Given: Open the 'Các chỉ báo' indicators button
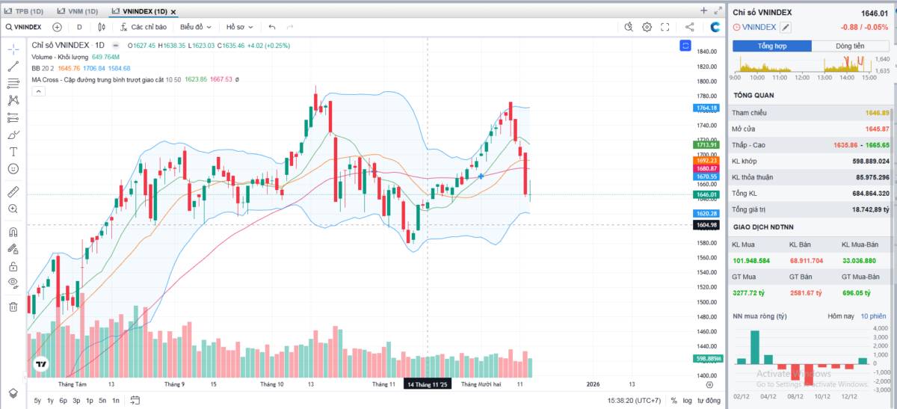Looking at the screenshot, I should [x=143, y=27].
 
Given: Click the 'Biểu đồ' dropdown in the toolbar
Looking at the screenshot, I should [x=197, y=27].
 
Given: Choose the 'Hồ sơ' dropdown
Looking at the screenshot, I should [x=239, y=27].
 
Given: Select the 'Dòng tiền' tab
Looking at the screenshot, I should [x=850, y=46].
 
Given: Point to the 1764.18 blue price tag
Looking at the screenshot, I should [x=706, y=108].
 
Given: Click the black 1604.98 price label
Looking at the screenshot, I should [x=706, y=225].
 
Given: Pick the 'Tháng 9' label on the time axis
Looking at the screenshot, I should [x=175, y=384].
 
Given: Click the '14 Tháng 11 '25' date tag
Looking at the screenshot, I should [x=428, y=384].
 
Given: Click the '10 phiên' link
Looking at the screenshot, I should [x=874, y=316].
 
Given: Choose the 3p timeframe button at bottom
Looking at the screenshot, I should [x=76, y=401].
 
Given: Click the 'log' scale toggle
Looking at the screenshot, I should [x=687, y=401].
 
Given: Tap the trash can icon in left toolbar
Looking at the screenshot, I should [x=13, y=307].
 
